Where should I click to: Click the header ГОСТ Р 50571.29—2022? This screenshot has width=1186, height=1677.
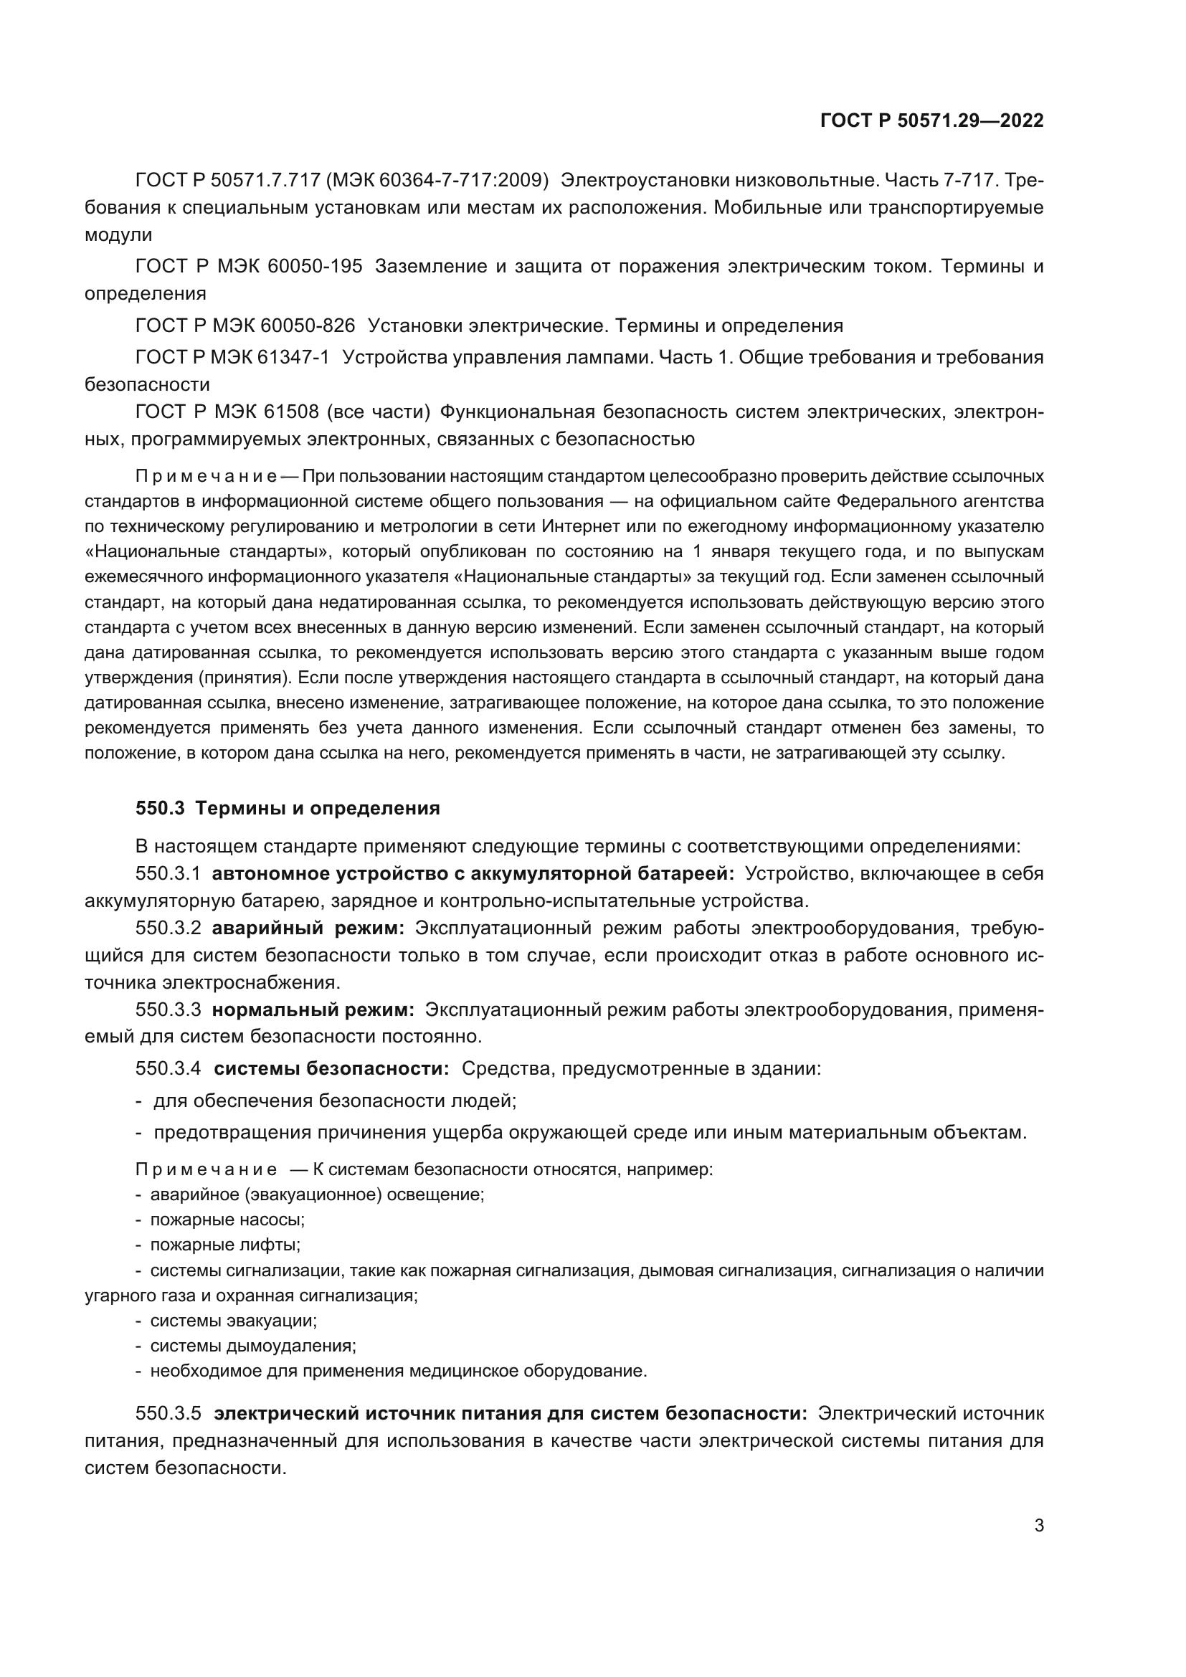(932, 120)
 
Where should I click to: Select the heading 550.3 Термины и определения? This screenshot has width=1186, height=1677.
(288, 808)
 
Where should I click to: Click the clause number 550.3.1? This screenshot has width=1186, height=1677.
(168, 873)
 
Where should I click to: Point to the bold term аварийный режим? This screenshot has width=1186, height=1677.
(308, 928)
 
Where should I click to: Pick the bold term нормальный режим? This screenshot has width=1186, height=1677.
(313, 1010)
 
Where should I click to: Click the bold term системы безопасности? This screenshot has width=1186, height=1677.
(331, 1068)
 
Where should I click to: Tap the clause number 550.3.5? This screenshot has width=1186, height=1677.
(168, 1413)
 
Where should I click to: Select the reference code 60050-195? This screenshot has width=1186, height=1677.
(315, 266)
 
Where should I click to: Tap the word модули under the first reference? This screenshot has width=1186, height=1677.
(118, 235)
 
